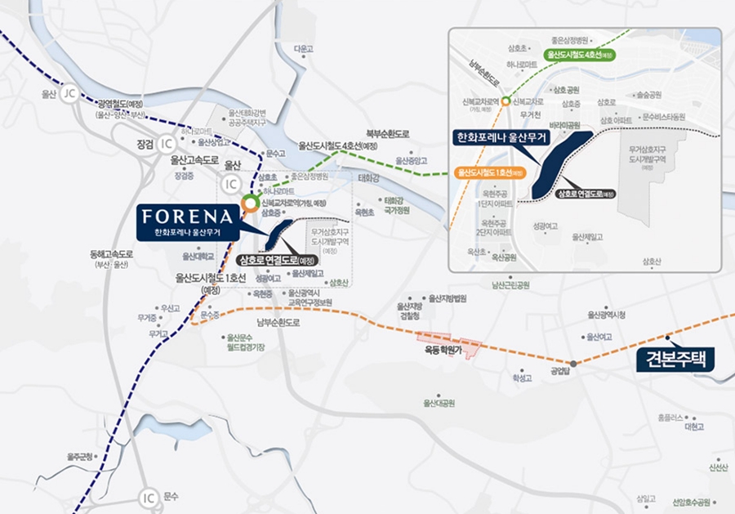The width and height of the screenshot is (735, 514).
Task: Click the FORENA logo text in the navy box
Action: (x=189, y=217)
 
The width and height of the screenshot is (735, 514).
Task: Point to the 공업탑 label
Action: (x=559, y=369)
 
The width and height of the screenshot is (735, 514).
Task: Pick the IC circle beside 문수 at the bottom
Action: (x=148, y=496)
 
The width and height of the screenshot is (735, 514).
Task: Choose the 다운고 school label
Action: (x=304, y=49)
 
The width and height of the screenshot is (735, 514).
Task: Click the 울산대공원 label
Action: (x=438, y=403)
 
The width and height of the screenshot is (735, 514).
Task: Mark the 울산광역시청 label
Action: (x=607, y=315)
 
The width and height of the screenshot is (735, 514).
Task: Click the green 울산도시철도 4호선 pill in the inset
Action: (x=574, y=55)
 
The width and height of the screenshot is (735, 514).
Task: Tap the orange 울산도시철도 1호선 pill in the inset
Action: (x=489, y=173)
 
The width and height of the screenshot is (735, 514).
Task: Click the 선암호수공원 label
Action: (x=691, y=502)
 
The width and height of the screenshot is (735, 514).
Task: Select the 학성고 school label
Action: (x=522, y=378)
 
